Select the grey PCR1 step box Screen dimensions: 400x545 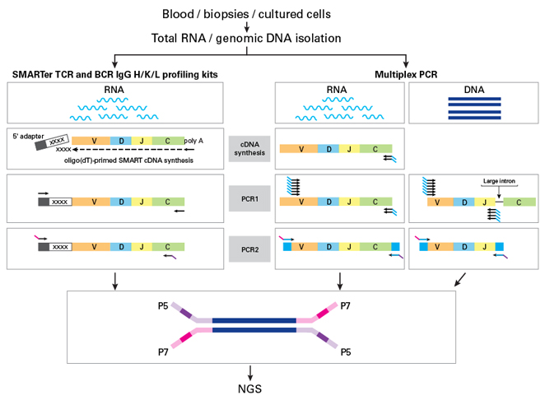(250, 198)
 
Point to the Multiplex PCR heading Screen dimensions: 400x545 (408, 75)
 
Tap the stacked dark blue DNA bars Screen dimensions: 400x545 (476, 109)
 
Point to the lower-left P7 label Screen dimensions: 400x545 (165, 351)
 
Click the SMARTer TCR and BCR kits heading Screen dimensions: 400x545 (114, 75)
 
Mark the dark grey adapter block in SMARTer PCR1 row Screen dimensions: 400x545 (43, 200)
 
